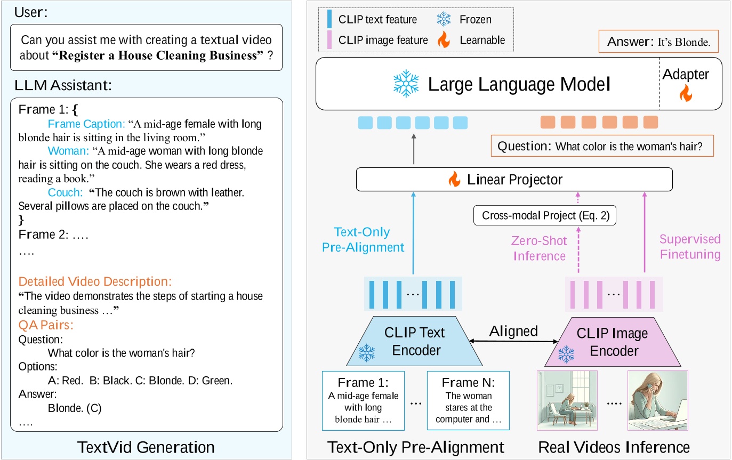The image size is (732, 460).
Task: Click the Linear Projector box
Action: pyautogui.click(x=514, y=180)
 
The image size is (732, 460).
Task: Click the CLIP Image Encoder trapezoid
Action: pyautogui.click(x=613, y=342)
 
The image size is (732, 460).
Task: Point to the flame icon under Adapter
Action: pyautogui.click(x=685, y=94)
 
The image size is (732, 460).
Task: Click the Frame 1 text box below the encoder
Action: pyautogui.click(x=363, y=400)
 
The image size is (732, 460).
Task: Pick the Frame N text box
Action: pyautogui.click(x=468, y=400)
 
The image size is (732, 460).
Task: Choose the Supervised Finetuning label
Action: pyautogui.click(x=690, y=246)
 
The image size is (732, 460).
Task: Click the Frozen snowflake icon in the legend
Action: pyautogui.click(x=444, y=20)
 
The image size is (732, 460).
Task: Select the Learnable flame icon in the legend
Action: pyautogui.click(x=444, y=39)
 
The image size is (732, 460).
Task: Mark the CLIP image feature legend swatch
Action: pyautogui.click(x=328, y=39)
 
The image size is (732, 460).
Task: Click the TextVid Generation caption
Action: pyautogui.click(x=146, y=447)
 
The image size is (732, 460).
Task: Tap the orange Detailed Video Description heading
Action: pyautogui.click(x=95, y=281)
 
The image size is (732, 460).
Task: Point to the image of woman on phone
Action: pyautogui.click(x=657, y=400)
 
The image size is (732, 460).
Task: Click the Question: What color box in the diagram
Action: pyautogui.click(x=602, y=146)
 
